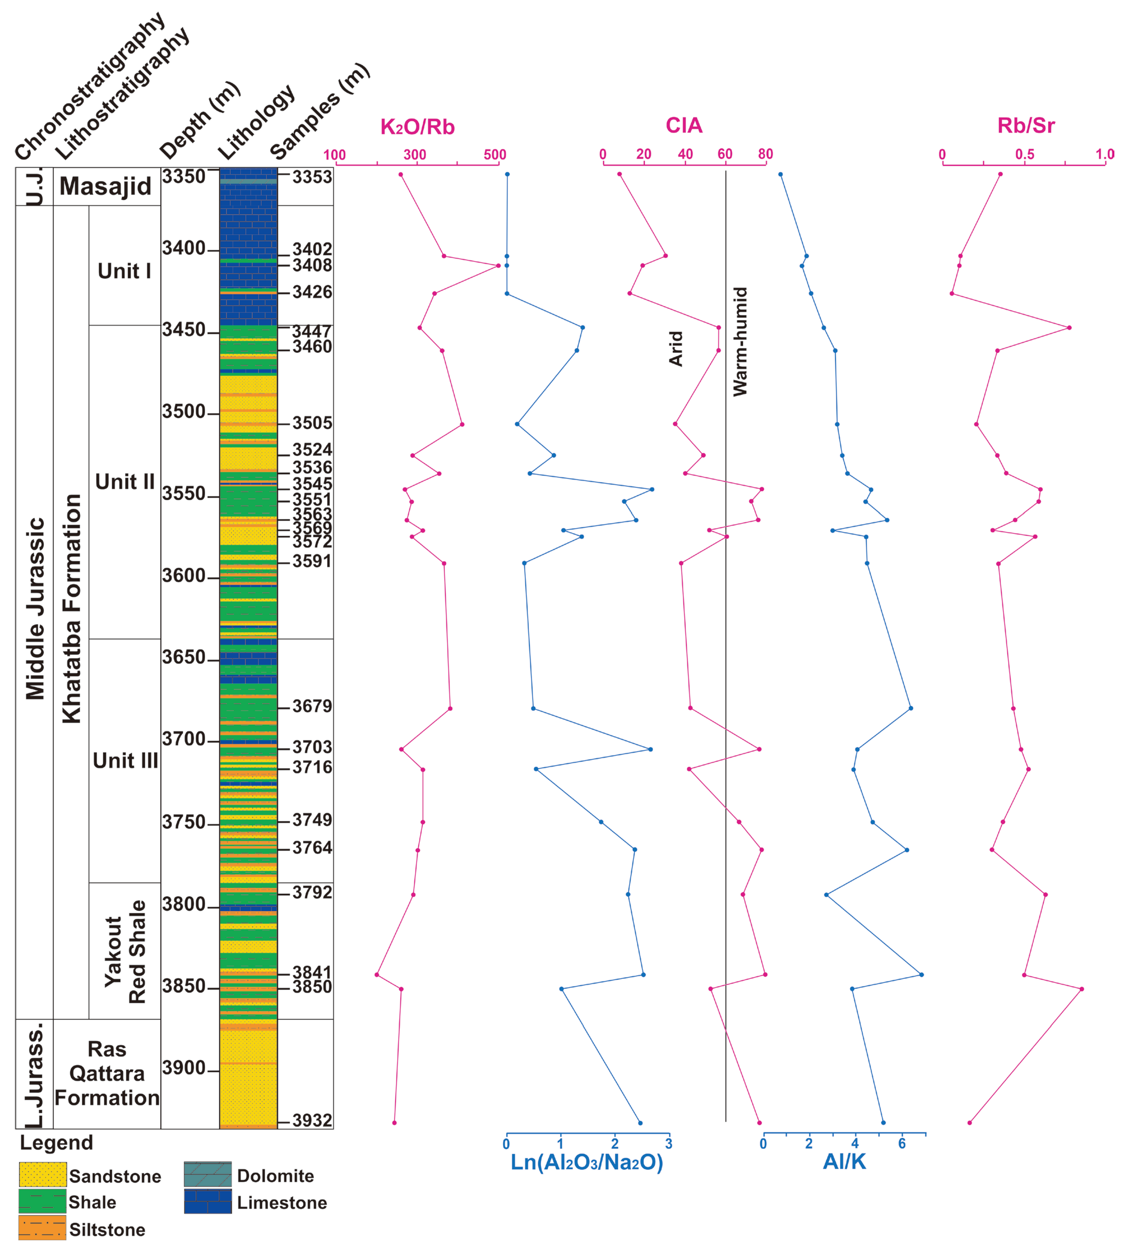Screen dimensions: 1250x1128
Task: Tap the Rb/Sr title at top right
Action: (1026, 126)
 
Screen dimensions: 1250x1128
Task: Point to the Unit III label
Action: (125, 761)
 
